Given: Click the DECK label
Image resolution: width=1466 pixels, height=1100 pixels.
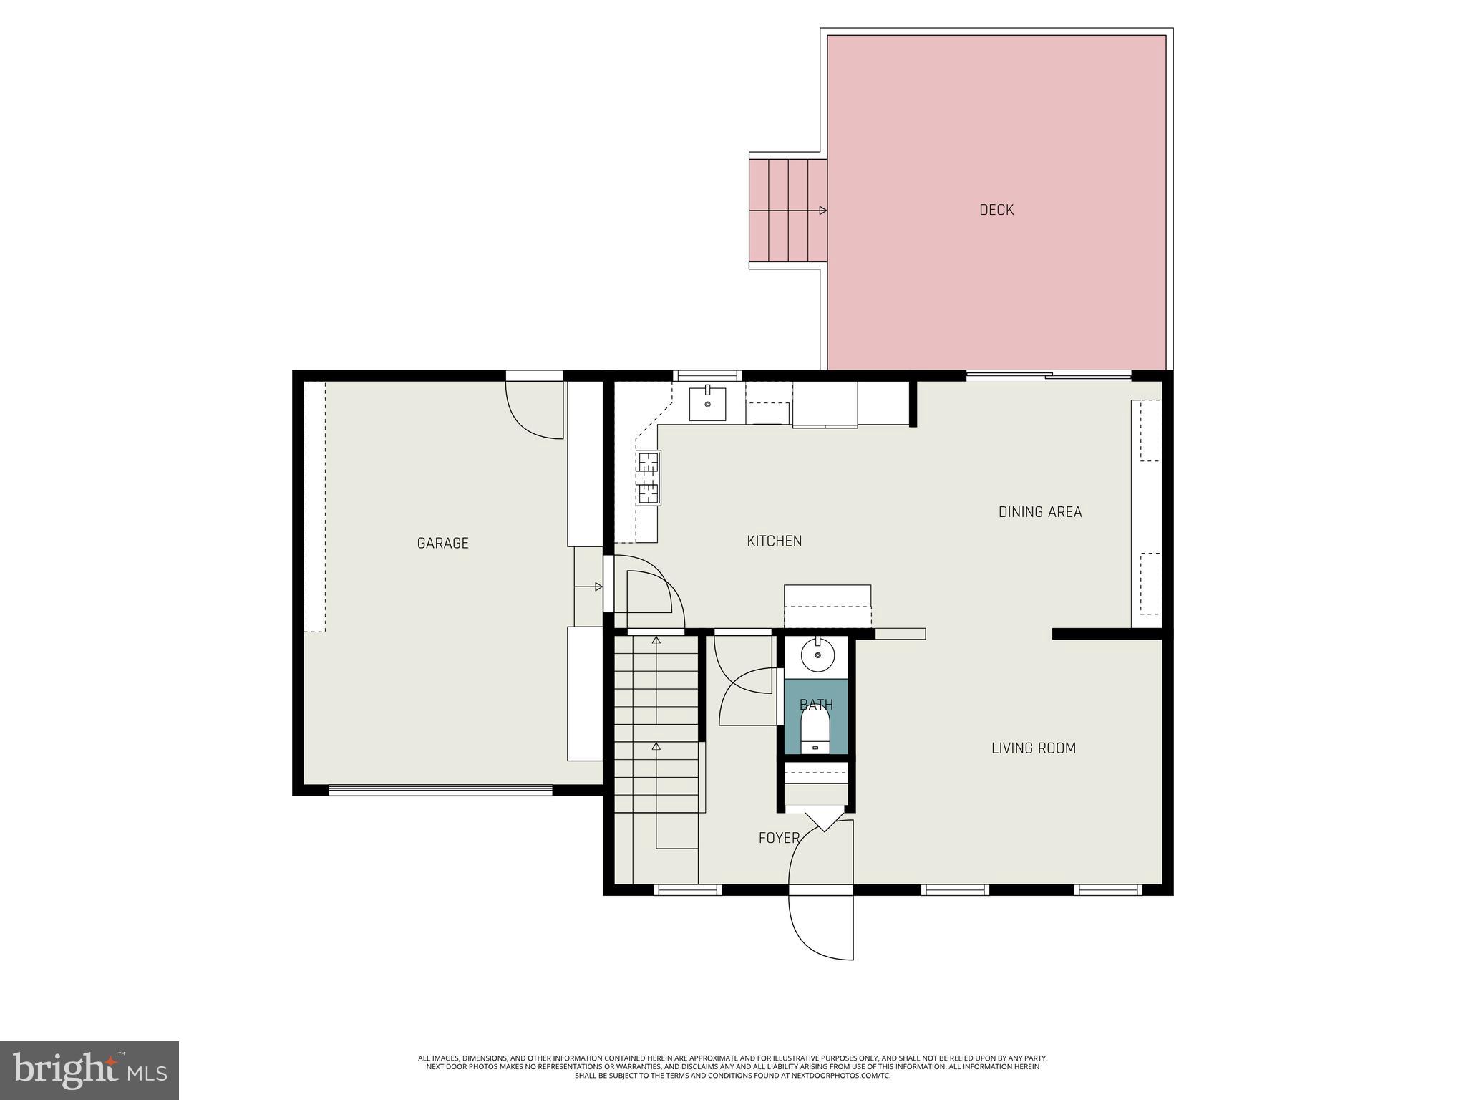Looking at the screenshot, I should point(996,210).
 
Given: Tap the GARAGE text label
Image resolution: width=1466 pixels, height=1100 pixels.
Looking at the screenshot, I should point(442,544).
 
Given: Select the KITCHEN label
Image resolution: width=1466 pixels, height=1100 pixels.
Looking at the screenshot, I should point(774,541).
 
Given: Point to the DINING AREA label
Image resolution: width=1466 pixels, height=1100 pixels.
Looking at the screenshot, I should point(1039,512).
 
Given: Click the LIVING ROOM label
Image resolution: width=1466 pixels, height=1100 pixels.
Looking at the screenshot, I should point(1033,748).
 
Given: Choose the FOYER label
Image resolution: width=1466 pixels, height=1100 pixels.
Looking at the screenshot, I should point(779,838).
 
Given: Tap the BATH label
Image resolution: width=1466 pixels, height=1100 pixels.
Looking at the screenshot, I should point(816,705).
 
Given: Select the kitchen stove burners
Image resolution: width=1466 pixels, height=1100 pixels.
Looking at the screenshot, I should point(648,478).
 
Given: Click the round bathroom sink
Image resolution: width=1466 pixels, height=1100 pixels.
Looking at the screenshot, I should point(817,655).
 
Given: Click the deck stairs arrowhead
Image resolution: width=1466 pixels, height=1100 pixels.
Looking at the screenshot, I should point(823,211).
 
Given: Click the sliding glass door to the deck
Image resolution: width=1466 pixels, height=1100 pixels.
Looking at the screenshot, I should point(1049,375).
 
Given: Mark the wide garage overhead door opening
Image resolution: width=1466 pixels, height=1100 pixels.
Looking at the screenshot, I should point(440,791).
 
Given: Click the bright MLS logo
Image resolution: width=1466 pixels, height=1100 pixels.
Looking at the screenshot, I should point(89,1070).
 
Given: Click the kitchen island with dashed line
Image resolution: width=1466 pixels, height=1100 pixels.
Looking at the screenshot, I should point(827,606).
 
